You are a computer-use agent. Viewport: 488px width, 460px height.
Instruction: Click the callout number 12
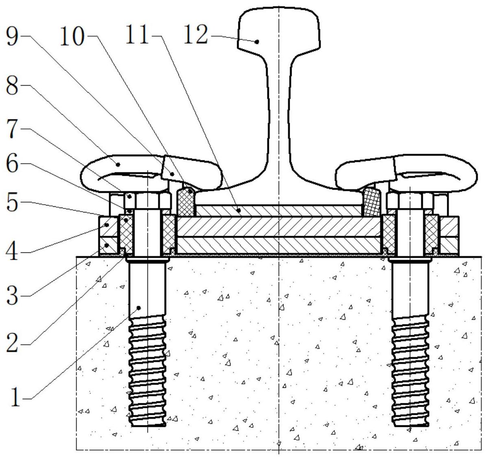[196, 35]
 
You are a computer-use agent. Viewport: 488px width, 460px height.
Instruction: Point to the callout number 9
[13, 36]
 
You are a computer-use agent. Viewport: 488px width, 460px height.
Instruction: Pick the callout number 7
[13, 129]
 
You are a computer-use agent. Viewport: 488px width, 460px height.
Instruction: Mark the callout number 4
[13, 252]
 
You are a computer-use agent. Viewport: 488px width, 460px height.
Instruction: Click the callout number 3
[13, 295]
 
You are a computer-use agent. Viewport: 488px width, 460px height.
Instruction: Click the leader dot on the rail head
[257, 42]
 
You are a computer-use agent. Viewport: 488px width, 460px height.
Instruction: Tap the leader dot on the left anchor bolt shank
[139, 308]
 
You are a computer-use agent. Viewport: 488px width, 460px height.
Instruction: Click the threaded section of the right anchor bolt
[411, 371]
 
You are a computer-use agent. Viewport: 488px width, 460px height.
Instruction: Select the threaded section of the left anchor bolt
[147, 371]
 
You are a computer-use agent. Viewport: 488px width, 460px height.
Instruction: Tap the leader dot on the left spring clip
[118, 164]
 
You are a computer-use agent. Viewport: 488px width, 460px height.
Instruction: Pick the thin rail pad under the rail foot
[279, 211]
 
